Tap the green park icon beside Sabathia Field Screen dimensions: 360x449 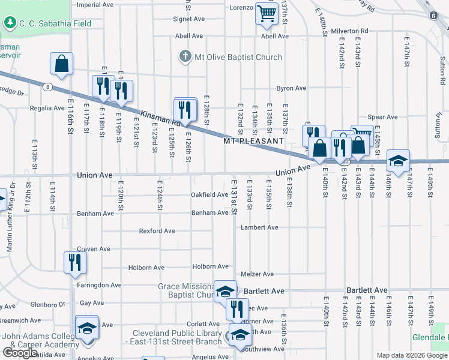[10, 23]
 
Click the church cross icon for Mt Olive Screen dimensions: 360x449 [185, 57]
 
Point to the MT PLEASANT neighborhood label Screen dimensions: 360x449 [253, 141]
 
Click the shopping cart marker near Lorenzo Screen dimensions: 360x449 [266, 13]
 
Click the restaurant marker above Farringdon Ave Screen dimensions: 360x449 [76, 262]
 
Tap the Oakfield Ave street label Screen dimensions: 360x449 [209, 194]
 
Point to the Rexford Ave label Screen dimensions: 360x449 [157, 231]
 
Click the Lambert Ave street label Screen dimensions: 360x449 [259, 227]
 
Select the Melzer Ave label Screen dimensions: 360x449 [257, 274]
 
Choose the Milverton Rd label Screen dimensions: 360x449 [344, 30]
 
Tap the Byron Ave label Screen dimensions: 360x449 [291, 88]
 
